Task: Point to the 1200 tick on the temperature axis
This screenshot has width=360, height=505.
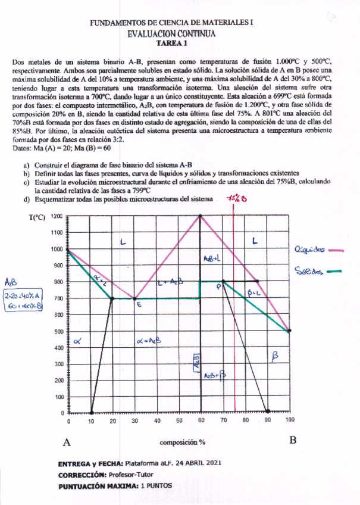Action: tap(57, 216)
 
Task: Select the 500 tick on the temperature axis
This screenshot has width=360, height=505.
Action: tap(57, 331)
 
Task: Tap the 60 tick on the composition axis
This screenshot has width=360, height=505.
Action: tap(201, 420)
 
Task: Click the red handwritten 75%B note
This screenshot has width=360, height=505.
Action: tap(237, 199)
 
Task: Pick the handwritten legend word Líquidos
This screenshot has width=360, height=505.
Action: tap(309, 249)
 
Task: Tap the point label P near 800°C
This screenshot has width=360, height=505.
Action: tap(218, 286)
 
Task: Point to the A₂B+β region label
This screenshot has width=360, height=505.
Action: tap(214, 376)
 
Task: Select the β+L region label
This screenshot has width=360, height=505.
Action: tap(255, 292)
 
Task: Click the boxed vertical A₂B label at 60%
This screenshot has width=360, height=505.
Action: tap(196, 360)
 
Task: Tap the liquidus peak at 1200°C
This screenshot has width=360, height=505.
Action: tap(201, 216)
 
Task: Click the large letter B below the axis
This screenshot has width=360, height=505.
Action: tap(292, 441)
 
